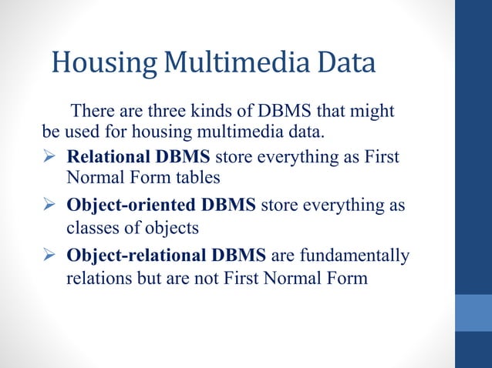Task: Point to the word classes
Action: (x=93, y=229)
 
